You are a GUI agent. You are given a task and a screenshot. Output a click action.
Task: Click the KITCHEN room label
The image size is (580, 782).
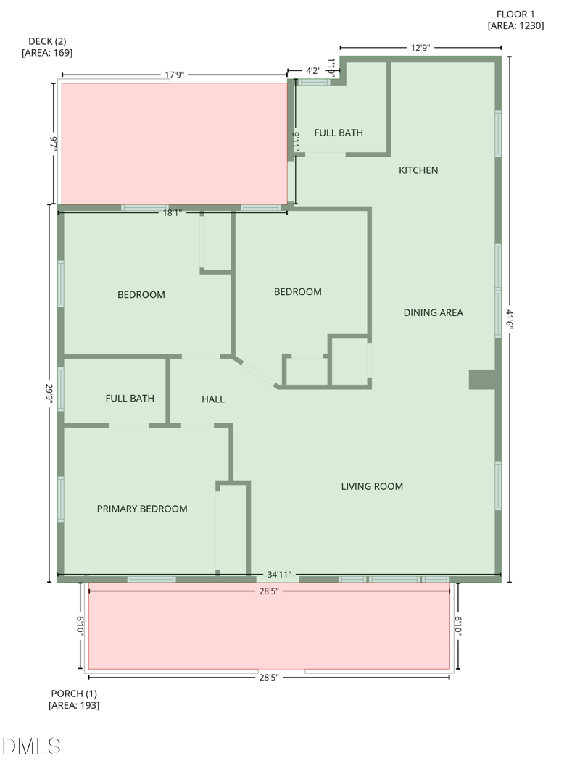point(418,170)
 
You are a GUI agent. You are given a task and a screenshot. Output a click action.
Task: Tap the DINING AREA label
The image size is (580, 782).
point(433,312)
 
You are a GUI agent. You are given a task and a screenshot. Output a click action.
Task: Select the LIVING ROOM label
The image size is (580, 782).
point(372,486)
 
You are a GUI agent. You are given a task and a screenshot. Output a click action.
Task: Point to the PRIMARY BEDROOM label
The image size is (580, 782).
point(142,509)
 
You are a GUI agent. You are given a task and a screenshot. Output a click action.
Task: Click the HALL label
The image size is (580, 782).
point(213,399)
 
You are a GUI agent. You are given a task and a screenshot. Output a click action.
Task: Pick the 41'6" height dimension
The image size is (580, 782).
point(510,320)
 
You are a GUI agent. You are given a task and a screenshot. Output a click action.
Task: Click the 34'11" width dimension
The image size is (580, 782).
point(279,575)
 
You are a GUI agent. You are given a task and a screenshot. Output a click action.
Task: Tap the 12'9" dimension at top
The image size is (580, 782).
point(420,48)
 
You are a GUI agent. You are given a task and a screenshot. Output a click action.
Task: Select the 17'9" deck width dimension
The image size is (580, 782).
point(175,74)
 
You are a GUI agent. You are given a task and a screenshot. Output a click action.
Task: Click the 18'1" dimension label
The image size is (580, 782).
point(173,212)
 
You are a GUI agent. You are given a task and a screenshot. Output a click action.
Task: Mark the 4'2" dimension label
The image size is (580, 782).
point(313,71)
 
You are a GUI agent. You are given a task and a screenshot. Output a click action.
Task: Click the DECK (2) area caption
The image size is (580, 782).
point(47,47)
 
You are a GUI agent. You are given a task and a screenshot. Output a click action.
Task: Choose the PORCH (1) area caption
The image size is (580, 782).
point(73,699)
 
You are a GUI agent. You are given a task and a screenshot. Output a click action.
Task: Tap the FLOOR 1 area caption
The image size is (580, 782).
point(515,20)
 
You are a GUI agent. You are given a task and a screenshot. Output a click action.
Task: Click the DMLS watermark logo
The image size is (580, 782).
point(31,746)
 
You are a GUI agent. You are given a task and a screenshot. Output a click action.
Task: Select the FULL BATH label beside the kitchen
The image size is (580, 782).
point(339,133)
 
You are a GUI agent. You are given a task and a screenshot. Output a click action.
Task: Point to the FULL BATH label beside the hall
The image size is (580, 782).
point(130,399)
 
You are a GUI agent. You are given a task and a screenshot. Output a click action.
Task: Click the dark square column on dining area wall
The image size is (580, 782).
point(482,380)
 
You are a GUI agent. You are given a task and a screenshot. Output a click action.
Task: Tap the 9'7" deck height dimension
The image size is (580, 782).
point(53,143)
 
